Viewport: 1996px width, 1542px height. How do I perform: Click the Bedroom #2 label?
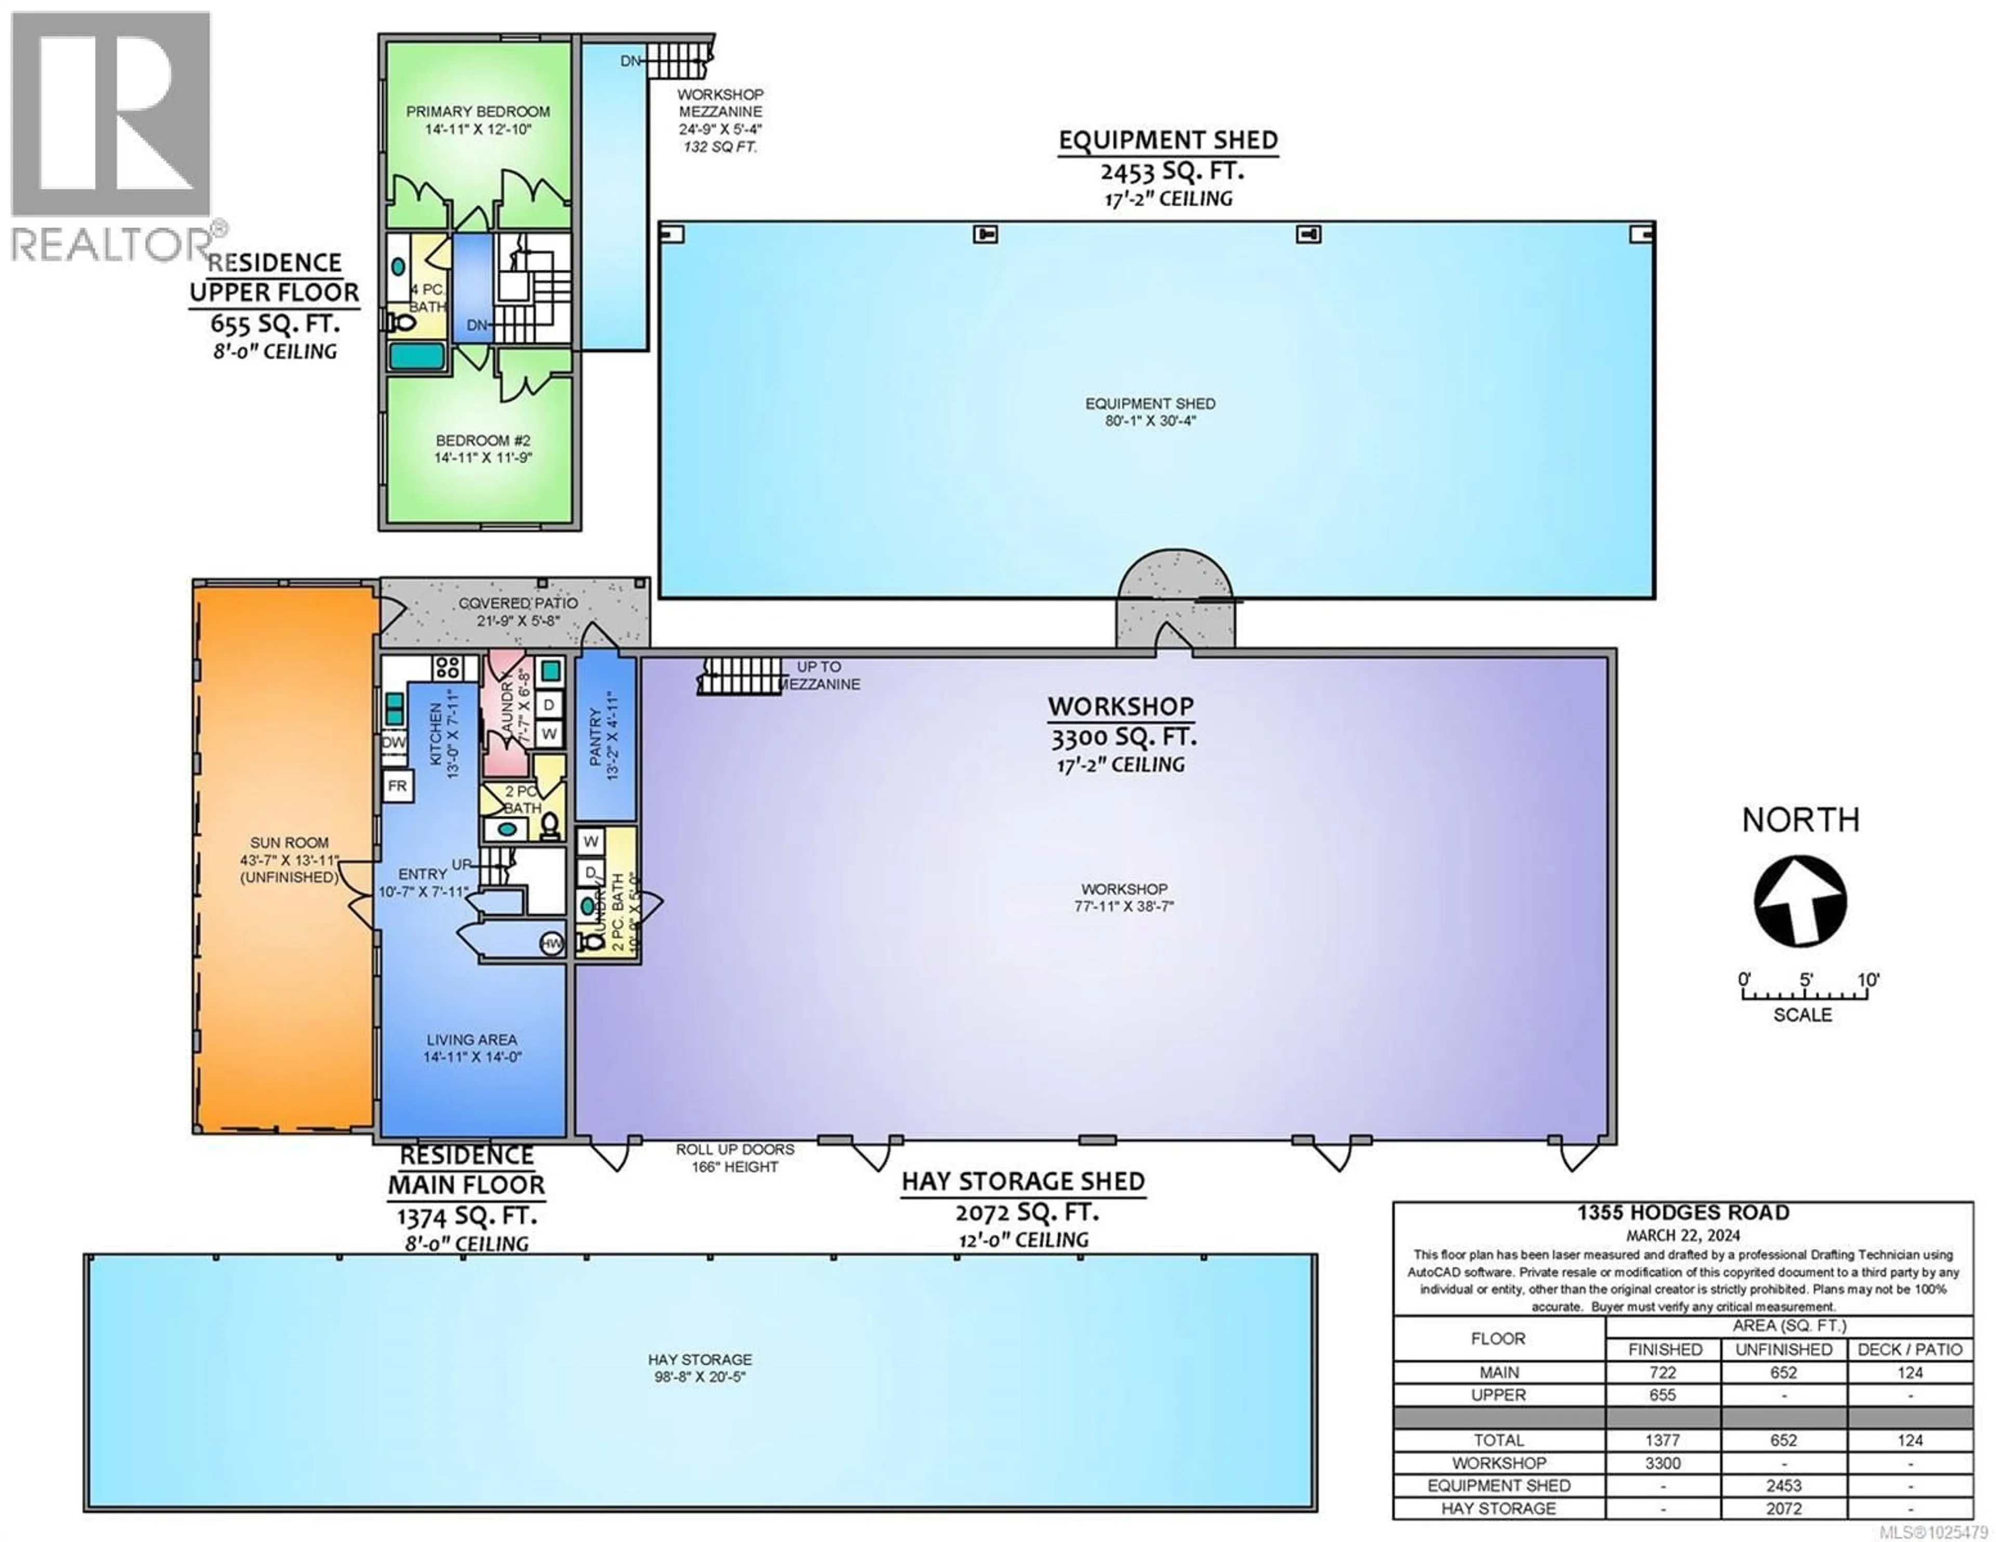point(482,441)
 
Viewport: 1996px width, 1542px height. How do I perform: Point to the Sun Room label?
point(289,843)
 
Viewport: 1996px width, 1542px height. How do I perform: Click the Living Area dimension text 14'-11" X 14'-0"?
point(471,1057)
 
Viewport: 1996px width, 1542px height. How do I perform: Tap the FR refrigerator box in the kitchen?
point(397,786)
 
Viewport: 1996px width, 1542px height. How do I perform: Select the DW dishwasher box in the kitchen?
point(394,742)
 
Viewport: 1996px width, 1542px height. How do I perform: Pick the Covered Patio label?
point(517,603)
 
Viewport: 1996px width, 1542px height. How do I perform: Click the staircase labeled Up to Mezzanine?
point(740,676)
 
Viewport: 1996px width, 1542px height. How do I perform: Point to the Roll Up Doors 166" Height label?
point(735,1158)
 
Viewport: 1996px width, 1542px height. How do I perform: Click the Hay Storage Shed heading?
point(1022,1182)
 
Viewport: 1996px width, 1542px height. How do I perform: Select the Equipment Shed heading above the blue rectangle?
point(1168,141)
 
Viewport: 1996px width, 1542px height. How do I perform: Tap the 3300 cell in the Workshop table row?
point(1662,1462)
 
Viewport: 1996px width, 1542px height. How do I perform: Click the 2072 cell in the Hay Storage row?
point(1783,1508)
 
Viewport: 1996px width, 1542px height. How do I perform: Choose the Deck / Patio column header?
point(1909,1349)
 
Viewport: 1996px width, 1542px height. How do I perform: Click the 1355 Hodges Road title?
point(1683,1213)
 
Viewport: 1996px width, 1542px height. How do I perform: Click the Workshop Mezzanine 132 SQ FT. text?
point(720,146)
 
